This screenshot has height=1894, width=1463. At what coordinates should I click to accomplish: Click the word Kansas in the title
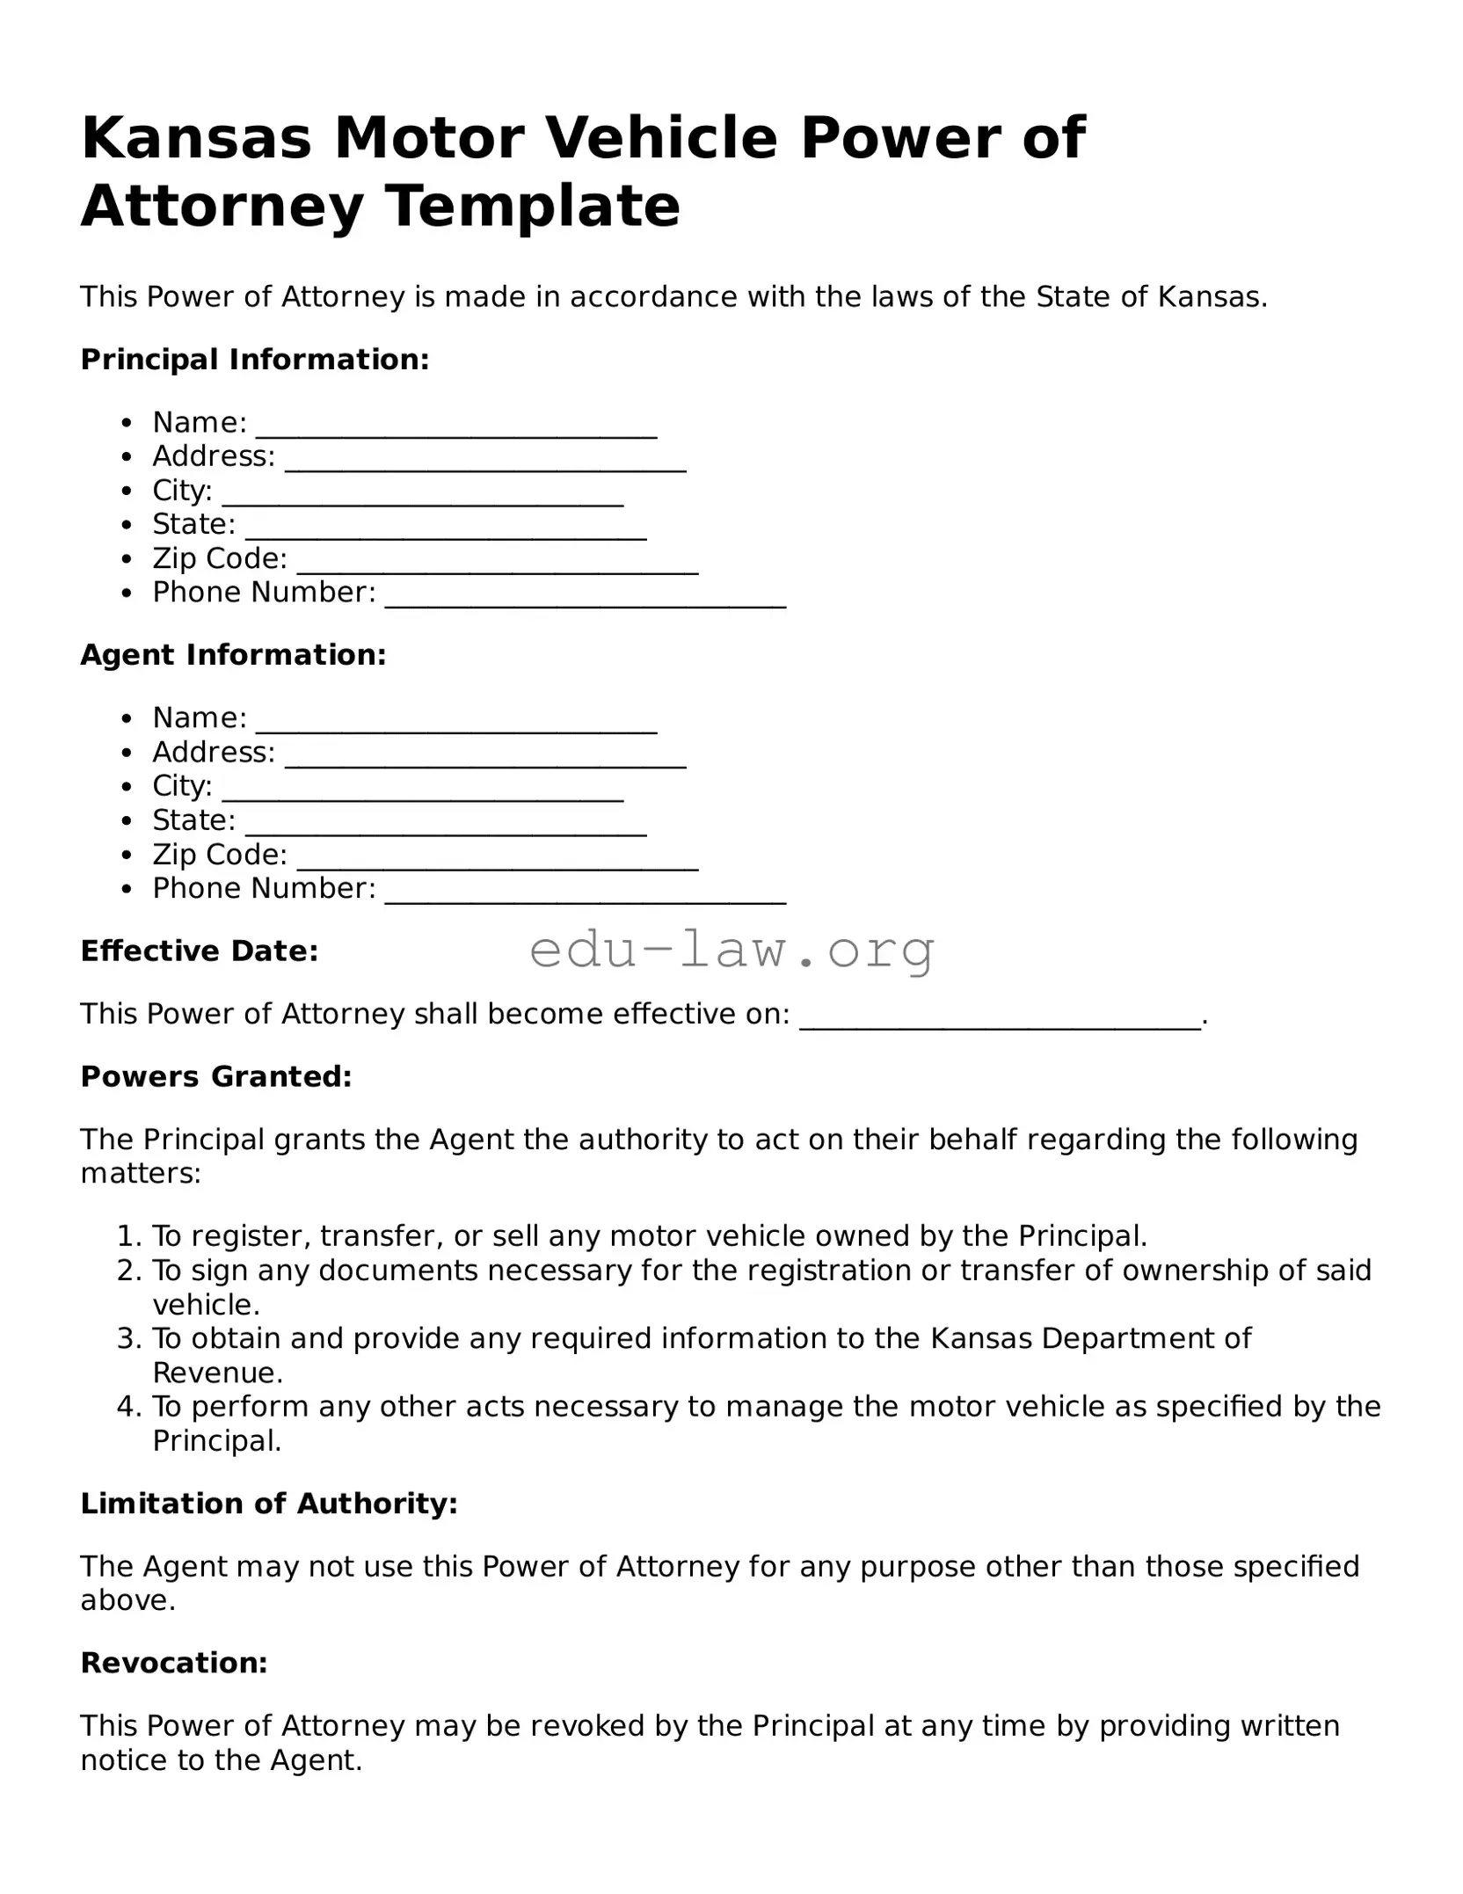tap(196, 139)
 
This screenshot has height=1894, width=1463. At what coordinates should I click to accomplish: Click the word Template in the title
tap(533, 208)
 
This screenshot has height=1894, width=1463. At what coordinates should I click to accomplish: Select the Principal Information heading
tap(255, 360)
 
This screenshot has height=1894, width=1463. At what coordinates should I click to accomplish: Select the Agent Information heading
tap(234, 655)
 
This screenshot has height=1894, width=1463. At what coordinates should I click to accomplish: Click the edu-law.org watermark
tap(732, 951)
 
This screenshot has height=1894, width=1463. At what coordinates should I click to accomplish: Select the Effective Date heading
tap(200, 951)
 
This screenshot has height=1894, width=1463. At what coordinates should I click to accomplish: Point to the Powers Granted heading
tap(216, 1077)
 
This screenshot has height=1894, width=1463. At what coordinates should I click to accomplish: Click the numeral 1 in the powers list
tap(127, 1237)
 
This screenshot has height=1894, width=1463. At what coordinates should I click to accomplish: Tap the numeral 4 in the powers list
tap(127, 1407)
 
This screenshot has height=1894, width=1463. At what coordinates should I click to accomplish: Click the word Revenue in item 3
tap(216, 1373)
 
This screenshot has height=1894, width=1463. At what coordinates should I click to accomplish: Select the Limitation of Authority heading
tap(269, 1504)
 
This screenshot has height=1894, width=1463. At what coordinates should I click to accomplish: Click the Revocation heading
tap(174, 1664)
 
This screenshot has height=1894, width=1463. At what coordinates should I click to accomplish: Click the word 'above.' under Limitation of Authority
tap(128, 1601)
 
